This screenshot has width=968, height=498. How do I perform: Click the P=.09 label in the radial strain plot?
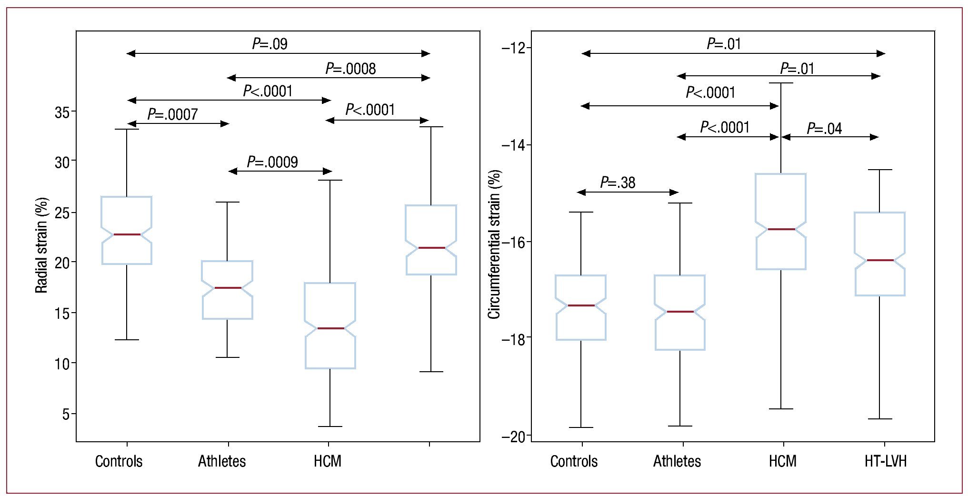pyautogui.click(x=269, y=44)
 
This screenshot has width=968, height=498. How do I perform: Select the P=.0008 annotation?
pyautogui.click(x=350, y=69)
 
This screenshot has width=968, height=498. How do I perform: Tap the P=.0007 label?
pyautogui.click(x=172, y=114)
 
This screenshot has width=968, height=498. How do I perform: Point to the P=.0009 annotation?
pyautogui.click(x=272, y=162)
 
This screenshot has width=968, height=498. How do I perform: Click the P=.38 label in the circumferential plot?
pyautogui.click(x=618, y=183)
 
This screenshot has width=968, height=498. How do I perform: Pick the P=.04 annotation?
pyautogui.click(x=824, y=129)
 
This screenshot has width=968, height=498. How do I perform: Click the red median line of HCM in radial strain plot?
pyautogui.click(x=330, y=328)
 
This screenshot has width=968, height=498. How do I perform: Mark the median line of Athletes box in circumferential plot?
pyautogui.click(x=680, y=312)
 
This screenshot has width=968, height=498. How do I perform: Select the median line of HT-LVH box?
pyautogui.click(x=880, y=260)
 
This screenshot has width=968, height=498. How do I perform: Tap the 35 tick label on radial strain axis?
pyautogui.click(x=62, y=112)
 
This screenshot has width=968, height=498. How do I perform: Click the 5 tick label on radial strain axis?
pyautogui.click(x=66, y=414)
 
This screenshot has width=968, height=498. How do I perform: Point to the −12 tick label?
pyautogui.click(x=513, y=48)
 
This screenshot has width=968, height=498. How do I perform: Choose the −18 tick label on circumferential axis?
pyautogui.click(x=513, y=339)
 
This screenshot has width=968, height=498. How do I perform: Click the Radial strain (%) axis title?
pyautogui.click(x=42, y=245)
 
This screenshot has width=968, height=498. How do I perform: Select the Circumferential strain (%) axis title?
pyautogui.click(x=494, y=244)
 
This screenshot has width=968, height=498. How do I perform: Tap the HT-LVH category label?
pyautogui.click(x=885, y=461)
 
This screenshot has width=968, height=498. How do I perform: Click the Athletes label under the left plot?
pyautogui.click(x=222, y=461)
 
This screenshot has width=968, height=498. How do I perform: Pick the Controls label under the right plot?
pyautogui.click(x=574, y=461)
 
